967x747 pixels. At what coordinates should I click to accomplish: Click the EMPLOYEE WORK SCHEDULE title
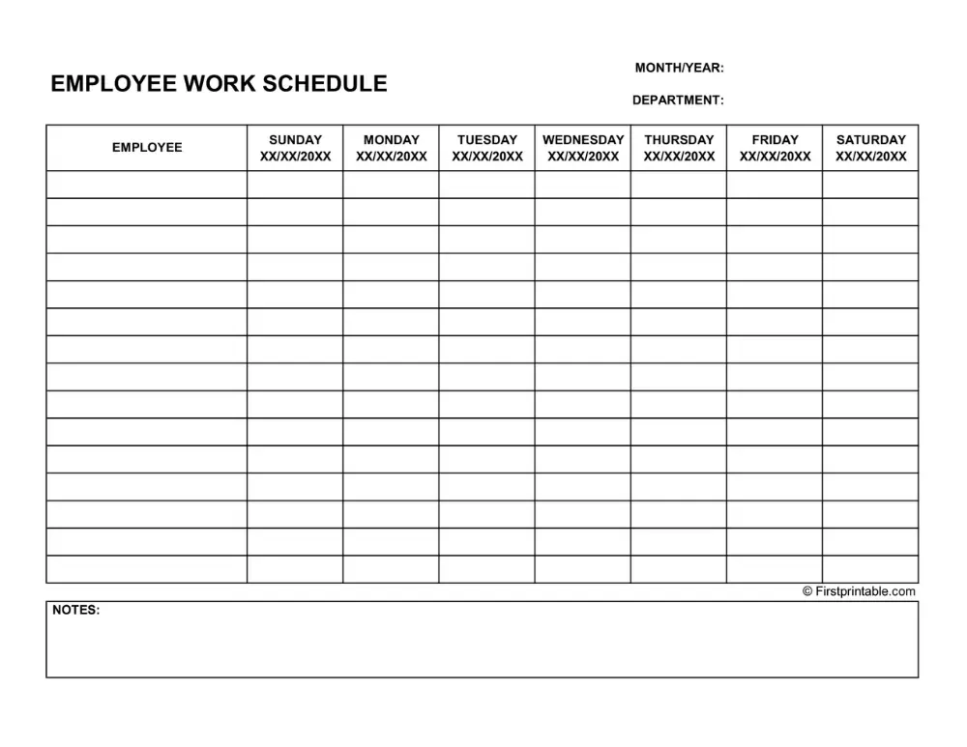219,84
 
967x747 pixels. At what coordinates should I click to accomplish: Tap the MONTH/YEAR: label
679,68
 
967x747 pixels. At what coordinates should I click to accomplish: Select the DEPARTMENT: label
678,100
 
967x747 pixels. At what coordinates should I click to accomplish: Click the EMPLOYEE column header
147,148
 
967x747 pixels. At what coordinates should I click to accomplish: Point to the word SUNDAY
295,139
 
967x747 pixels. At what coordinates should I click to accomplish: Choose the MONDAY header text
392,139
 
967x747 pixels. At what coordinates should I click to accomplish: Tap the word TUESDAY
487,139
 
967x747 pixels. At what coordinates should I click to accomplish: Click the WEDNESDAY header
583,139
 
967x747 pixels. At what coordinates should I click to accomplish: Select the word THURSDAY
679,139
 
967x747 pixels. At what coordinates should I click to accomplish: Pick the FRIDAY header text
776,139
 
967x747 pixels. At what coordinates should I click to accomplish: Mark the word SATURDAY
871,139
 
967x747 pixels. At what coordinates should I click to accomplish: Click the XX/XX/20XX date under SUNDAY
295,157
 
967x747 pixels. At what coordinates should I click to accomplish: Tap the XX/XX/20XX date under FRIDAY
776,157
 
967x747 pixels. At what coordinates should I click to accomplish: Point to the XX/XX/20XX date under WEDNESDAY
583,157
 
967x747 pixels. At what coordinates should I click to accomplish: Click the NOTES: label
75,610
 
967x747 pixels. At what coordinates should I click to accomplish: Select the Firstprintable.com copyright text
859,591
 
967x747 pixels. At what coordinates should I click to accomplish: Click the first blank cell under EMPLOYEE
147,185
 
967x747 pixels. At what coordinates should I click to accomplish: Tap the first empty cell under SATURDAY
871,185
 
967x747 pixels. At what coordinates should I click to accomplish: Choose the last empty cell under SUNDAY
295,569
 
